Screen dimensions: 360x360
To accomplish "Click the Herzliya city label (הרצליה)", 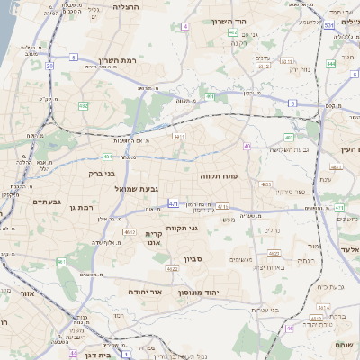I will point(131,7).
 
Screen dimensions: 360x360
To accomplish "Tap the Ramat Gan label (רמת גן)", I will point(80,208).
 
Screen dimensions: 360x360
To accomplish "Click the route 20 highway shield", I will point(50,66).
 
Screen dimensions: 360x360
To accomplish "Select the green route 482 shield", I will point(84,105).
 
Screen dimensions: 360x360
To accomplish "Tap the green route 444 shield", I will point(331,64).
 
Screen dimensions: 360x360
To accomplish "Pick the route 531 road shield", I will point(329,25).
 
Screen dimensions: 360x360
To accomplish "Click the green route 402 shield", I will point(233,32).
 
